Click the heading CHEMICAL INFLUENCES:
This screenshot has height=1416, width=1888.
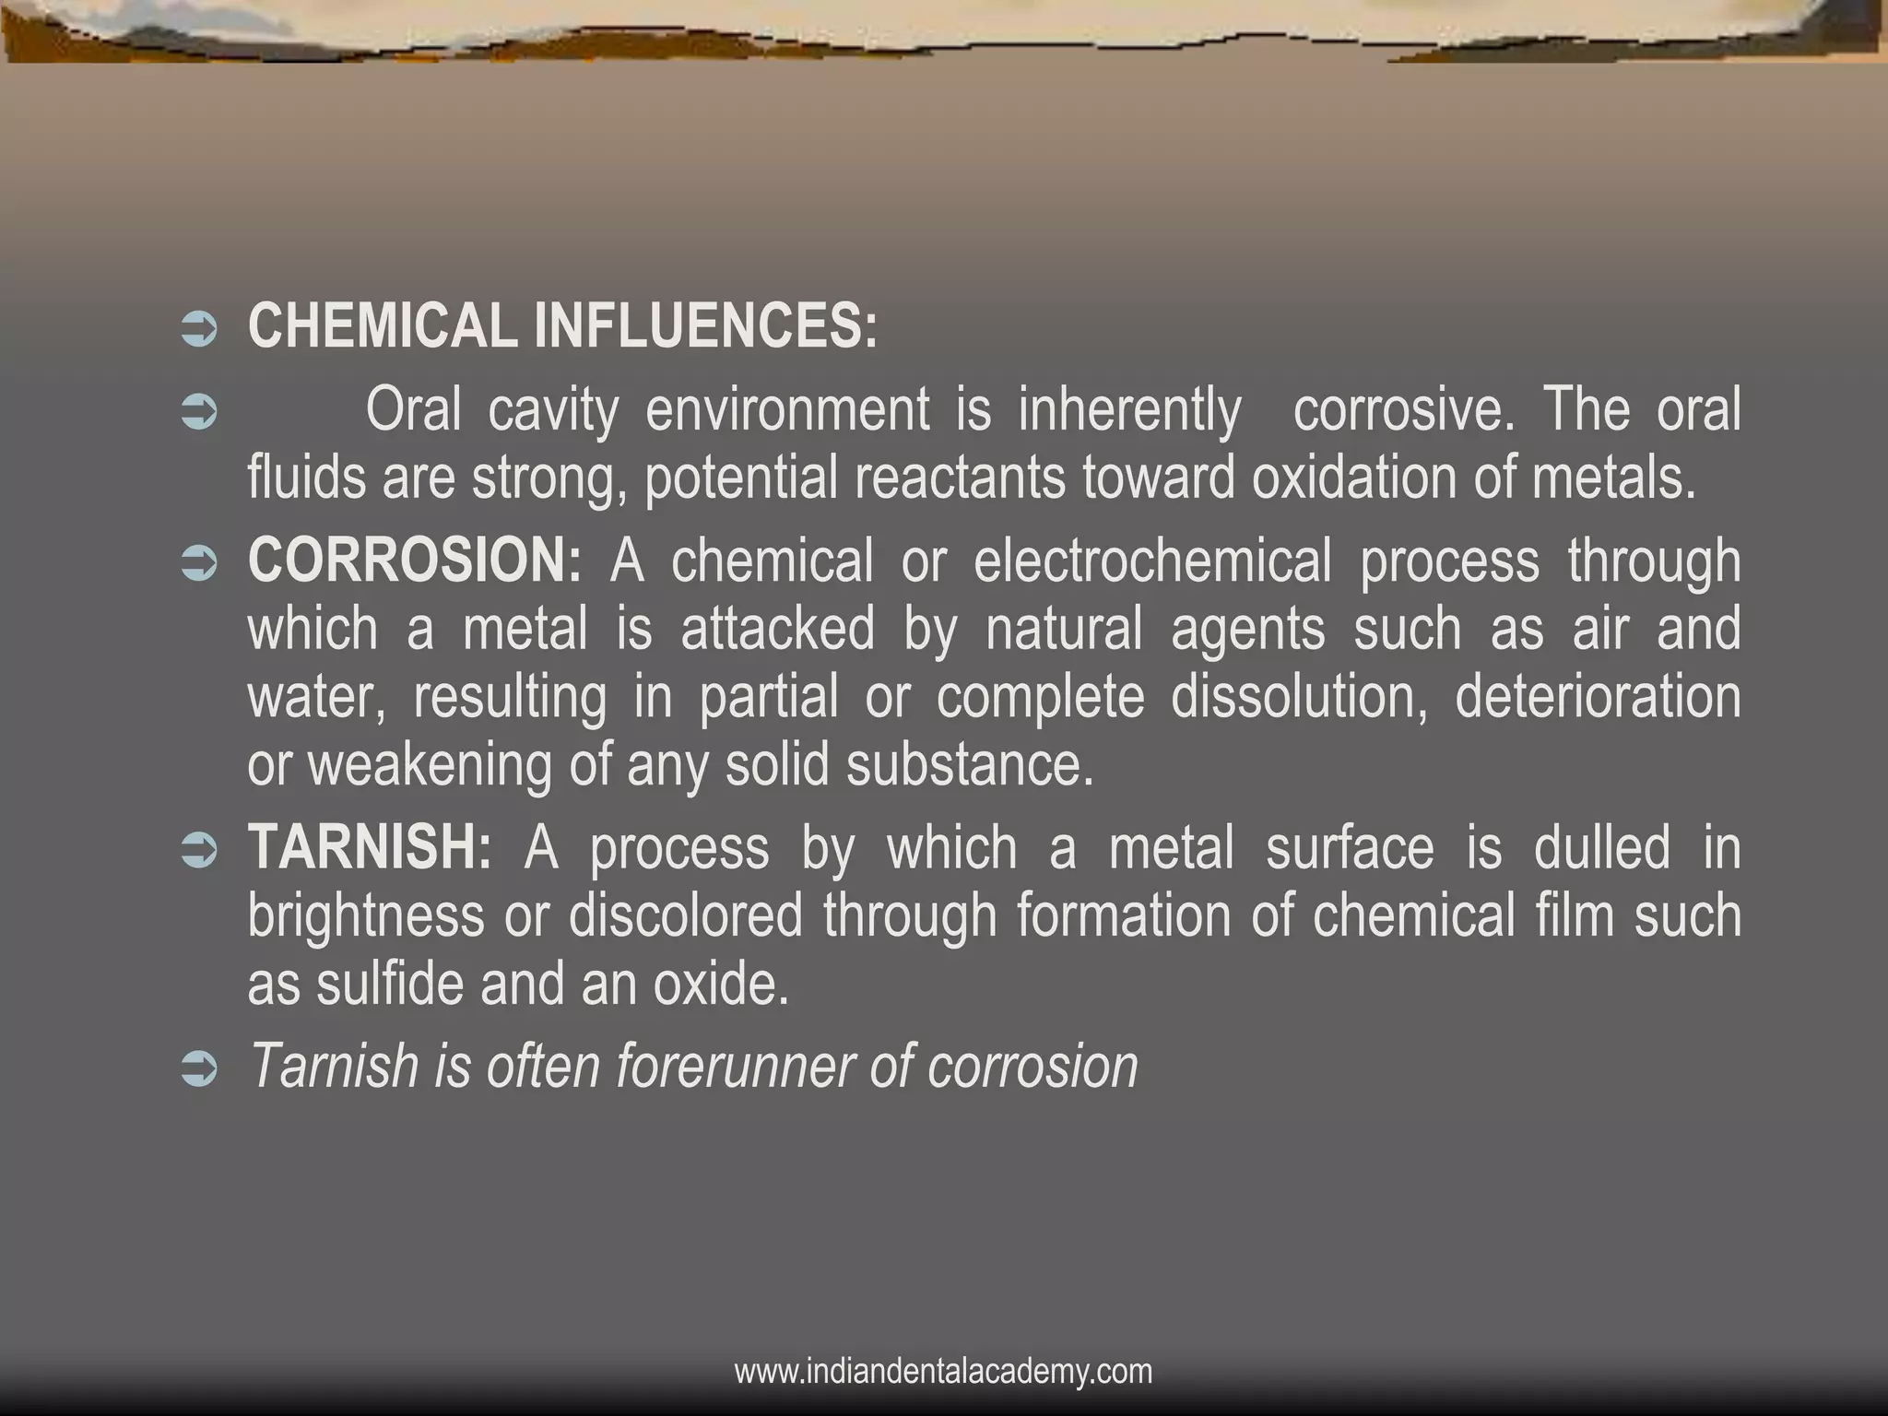(x=562, y=326)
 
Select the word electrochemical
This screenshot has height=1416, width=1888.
(x=1152, y=560)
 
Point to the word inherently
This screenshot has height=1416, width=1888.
(x=1129, y=409)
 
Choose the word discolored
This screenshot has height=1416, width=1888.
(x=685, y=915)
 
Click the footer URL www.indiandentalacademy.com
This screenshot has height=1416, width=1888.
(x=943, y=1372)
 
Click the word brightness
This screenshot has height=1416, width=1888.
(x=366, y=915)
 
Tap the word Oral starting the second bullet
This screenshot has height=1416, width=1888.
(x=413, y=409)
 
